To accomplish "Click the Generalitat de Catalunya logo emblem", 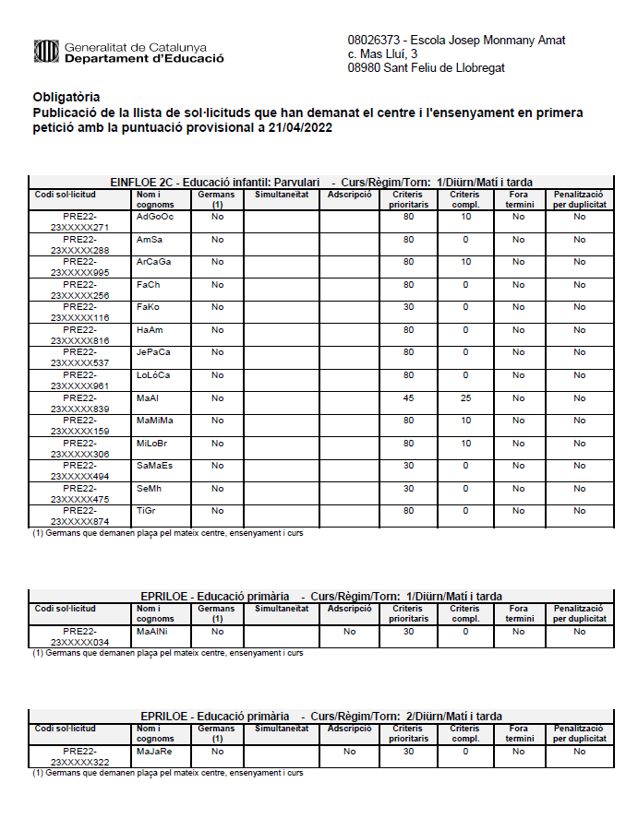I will tap(45, 52).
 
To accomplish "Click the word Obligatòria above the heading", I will tap(66, 97).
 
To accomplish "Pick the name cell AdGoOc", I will tap(155, 217).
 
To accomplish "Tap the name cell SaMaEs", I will tap(155, 466).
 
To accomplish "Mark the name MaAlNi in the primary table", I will tap(153, 632).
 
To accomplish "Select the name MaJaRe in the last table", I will tap(154, 752).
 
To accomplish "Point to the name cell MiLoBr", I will tap(153, 443).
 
